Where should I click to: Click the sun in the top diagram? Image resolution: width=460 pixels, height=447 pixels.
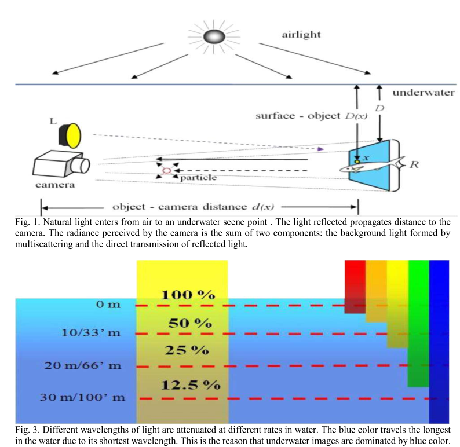[x=212, y=36]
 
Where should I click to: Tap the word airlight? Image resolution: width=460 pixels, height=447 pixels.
[x=301, y=35]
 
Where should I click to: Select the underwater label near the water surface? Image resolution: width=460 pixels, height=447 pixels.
[x=423, y=93]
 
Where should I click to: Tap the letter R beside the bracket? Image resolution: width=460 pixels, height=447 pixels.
[x=414, y=164]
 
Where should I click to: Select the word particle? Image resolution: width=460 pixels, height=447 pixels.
[x=198, y=177]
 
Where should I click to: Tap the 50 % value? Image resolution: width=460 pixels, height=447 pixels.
[x=188, y=323]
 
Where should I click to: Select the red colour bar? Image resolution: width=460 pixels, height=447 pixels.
[x=355, y=287]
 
